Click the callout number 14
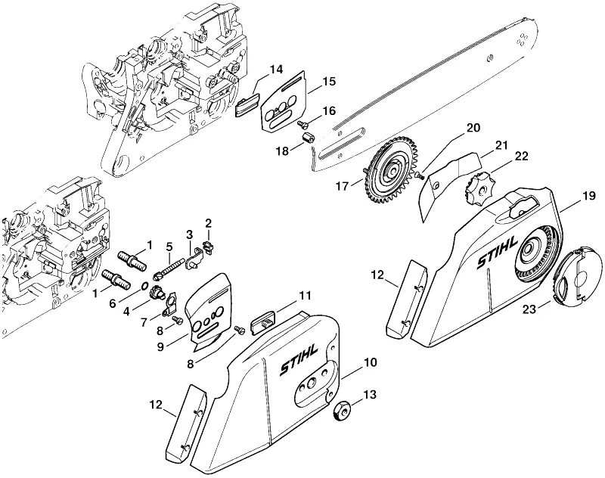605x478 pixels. (276, 70)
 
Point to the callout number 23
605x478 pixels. (529, 309)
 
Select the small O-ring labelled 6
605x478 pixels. (144, 286)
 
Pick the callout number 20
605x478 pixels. (473, 127)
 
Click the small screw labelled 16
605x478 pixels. (302, 123)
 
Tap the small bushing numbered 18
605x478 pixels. (308, 137)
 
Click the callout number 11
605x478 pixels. (305, 296)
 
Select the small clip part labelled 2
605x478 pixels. (209, 246)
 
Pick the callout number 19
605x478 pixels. (588, 196)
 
